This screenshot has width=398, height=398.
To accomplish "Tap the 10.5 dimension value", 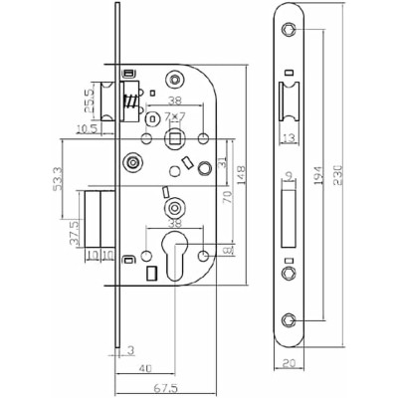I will (x=85, y=128).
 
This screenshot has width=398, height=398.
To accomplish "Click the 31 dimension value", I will (x=223, y=157).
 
